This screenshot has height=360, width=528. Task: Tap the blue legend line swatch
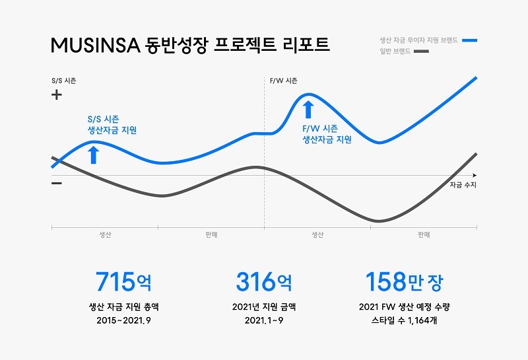tap(469, 40)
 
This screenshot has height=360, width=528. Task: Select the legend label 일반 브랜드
tap(394, 51)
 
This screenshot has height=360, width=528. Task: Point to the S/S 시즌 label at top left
tap(63, 81)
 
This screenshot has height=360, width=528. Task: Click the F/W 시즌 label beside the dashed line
tap(284, 81)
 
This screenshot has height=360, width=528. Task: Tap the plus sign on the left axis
tap(57, 95)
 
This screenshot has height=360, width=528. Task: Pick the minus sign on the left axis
tap(57, 183)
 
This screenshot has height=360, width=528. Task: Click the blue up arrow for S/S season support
tap(93, 154)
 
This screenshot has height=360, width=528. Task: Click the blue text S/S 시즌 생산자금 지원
tap(112, 125)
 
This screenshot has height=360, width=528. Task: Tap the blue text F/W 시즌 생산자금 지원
tap(327, 134)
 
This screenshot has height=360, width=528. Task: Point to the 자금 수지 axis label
tap(463, 185)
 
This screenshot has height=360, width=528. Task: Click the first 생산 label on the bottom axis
tap(104, 235)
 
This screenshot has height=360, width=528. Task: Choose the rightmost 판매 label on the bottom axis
tap(424, 235)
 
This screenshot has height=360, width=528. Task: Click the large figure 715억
tap(123, 282)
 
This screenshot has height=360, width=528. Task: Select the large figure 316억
tap(263, 282)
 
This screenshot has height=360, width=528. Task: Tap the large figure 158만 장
tap(405, 282)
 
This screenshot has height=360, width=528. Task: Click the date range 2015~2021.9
tap(123, 321)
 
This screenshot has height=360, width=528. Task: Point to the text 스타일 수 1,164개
tap(405, 321)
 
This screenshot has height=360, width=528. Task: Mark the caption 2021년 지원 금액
tap(263, 306)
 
